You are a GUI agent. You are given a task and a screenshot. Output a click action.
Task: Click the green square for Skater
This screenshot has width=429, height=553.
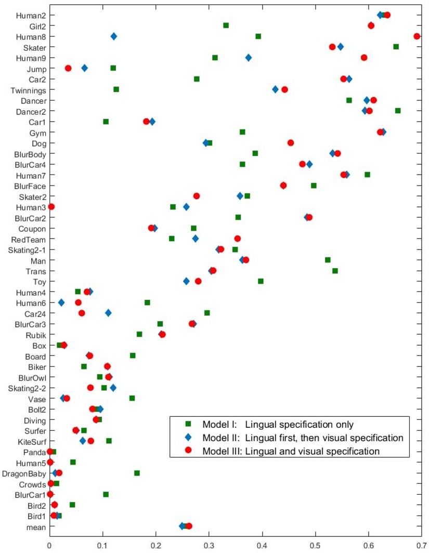pos(396,47)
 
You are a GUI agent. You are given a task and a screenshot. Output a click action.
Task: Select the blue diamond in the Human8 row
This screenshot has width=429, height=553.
pos(114,36)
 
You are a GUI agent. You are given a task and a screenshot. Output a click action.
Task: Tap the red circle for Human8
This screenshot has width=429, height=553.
pos(417,36)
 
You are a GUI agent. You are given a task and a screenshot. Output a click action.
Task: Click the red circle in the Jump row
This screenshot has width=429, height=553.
pos(68,68)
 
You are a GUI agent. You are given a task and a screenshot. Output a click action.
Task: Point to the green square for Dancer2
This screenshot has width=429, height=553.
pos(398,111)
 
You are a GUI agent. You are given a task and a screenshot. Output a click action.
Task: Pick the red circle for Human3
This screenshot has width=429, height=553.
pos(51,207)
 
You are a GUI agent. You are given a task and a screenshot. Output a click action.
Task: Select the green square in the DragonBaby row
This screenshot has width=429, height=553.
pos(137,473)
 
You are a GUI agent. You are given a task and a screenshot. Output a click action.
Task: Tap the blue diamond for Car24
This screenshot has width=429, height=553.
pos(108,313)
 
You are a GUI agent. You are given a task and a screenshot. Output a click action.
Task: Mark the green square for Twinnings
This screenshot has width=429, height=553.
pos(116,89)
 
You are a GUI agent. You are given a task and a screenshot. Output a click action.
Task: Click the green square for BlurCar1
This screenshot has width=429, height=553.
pos(106,494)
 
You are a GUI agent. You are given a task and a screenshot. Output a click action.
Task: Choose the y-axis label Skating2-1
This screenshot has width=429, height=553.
pos(27,249)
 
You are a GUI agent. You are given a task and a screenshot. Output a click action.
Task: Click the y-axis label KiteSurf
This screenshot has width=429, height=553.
pos(31,441)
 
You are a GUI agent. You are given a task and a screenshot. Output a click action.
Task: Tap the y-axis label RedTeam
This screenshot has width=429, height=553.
pos(30,239)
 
